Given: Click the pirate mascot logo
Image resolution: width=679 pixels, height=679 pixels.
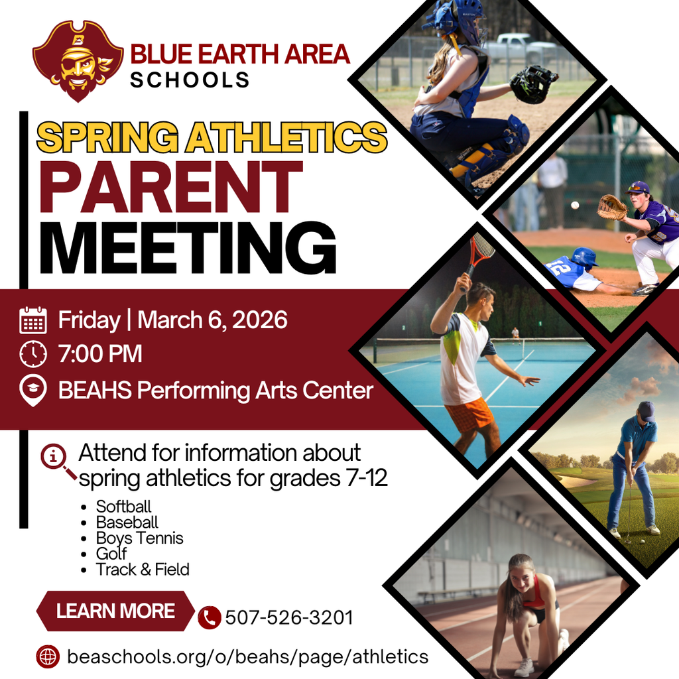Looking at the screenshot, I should coord(78,62).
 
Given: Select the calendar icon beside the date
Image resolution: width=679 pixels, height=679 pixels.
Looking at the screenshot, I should coord(33,320).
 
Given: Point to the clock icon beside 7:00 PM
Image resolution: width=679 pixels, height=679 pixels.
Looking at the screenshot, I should coord(33,354).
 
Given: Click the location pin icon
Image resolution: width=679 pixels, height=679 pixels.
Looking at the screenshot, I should coord(33,391).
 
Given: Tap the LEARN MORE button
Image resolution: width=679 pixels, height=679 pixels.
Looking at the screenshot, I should coord(115,611).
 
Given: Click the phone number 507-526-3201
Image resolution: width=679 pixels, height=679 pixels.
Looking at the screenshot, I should coord(289,618).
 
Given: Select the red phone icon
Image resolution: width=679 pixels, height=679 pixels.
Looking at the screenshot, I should coord(210,618).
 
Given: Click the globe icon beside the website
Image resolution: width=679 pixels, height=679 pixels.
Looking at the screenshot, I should coord(48,657).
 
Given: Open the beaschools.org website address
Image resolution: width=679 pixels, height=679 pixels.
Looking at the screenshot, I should coord(247,657).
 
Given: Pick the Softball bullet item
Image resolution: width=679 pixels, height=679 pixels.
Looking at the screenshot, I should coord(123,507).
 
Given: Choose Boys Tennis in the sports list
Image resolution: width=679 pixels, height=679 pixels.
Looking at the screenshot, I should coord(139,538).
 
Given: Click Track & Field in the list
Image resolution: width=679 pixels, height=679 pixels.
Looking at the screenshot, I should coord(143,569).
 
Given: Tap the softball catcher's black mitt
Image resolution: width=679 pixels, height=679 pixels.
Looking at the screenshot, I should coord(532,84).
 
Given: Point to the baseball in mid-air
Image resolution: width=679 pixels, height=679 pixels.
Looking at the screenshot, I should coord(575,205).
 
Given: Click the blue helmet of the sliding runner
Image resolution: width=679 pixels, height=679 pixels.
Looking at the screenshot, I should coord(584,257).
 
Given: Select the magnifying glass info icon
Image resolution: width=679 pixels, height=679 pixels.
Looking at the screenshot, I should coord(57,459).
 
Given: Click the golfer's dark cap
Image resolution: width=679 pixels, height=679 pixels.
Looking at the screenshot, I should coord(646,410).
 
